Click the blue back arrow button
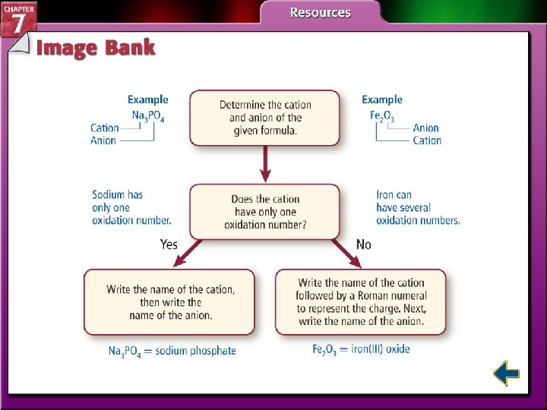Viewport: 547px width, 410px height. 506,374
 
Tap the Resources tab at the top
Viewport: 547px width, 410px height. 320,13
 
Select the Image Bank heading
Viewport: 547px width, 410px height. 96,48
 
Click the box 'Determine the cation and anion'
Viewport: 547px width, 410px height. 264,118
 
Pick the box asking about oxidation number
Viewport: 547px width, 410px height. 264,212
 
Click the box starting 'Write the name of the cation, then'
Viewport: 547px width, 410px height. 170,301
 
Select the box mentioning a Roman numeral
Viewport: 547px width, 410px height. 361,301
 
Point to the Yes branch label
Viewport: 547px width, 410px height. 169,244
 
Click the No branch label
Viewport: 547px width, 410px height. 364,244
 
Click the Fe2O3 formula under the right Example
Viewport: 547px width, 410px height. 382,115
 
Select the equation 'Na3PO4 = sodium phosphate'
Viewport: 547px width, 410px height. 172,351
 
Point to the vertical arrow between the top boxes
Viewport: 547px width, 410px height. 265,163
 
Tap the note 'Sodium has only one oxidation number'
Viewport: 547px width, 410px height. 131,207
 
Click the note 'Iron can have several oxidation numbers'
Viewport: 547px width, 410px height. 418,207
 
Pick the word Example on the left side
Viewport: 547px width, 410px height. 147,99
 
